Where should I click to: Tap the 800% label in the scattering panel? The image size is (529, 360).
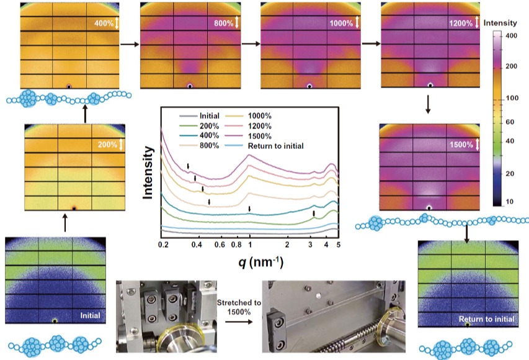click(x=224, y=24)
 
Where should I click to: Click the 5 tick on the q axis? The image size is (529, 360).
click(x=339, y=246)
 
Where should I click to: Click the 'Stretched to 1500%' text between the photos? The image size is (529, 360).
click(x=236, y=305)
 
